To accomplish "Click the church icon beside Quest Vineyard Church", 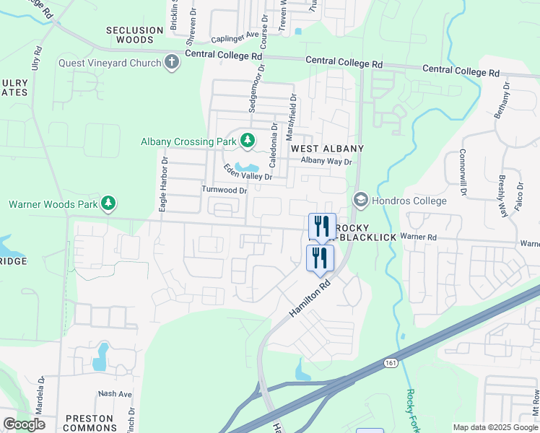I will (172, 62).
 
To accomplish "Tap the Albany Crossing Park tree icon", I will (247, 141).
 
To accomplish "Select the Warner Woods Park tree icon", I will (108, 204).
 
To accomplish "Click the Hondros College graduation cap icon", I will (360, 200).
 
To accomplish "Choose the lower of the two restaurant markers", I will (320, 258).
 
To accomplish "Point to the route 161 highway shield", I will (391, 363).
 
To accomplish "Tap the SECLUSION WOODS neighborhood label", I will (135, 35).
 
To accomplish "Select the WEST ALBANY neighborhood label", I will (327, 148).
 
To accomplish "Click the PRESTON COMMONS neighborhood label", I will (90, 423).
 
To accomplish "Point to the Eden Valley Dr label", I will (248, 172).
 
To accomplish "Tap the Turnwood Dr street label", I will (224, 191).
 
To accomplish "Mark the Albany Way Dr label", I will (326, 161).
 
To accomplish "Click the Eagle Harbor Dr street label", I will (164, 185).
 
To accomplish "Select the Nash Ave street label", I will (116, 394).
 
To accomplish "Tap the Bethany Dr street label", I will (503, 100).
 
